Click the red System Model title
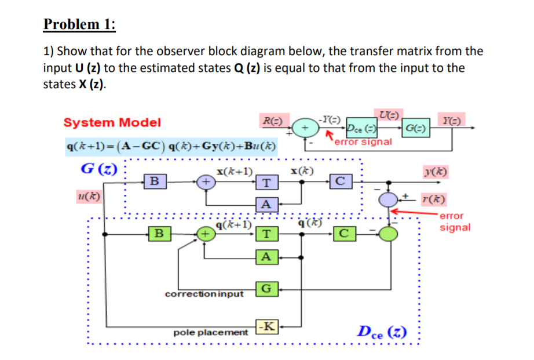point(112,122)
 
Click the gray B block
point(153,181)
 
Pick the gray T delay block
point(265,183)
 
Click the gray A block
point(265,204)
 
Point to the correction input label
point(204,294)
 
